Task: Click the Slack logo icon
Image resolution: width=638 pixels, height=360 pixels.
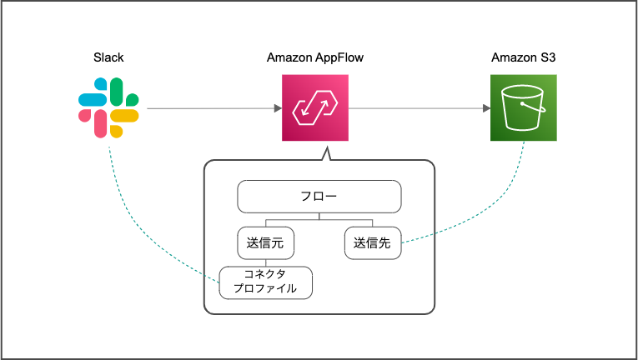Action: click(108, 108)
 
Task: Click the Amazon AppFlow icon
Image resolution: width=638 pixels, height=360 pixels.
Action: click(314, 108)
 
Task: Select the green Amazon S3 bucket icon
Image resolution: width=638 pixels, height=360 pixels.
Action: click(523, 108)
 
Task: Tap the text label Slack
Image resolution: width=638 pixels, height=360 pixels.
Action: click(108, 57)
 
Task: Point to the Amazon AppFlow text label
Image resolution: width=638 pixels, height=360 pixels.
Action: click(314, 57)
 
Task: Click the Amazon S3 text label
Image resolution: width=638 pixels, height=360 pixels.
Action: click(523, 57)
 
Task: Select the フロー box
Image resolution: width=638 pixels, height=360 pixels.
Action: click(319, 197)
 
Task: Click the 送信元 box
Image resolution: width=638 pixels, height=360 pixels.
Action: click(266, 244)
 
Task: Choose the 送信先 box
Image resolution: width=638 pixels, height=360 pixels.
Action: click(373, 244)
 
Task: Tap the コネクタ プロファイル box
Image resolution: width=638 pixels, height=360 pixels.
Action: click(265, 282)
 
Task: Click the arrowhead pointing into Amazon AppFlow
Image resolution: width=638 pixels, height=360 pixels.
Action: click(276, 108)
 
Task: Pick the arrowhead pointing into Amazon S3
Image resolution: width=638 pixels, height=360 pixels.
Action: click(485, 108)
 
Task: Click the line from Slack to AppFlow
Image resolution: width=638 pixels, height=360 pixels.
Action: click(208, 108)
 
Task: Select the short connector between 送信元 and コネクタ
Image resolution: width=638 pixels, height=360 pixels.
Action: click(266, 262)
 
